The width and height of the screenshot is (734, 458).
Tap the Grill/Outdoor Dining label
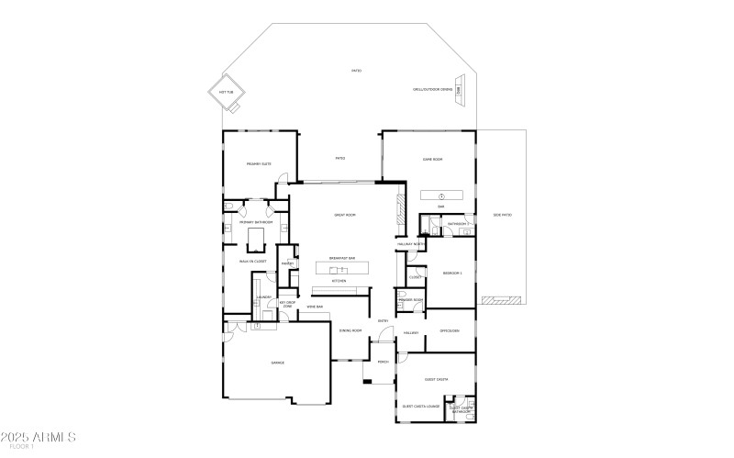[433, 90]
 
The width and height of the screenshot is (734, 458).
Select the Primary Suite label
[259, 164]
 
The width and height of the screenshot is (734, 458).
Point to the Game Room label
[432, 160]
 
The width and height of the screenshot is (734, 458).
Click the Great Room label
[344, 215]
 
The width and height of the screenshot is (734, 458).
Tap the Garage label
[277, 363]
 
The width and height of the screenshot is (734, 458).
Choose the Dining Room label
[350, 330]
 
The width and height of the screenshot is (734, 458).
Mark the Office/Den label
[449, 330]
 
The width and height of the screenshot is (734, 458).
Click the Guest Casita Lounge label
[421, 406]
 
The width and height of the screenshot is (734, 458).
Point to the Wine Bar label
[314, 307]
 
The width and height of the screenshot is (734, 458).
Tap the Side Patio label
[502, 215]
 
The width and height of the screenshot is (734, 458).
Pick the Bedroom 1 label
[452, 274]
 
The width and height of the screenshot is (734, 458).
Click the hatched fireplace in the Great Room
[398, 212]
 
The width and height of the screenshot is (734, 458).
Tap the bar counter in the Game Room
[442, 195]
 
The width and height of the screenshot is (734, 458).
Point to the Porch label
[383, 362]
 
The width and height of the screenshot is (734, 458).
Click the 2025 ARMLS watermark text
[39, 436]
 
